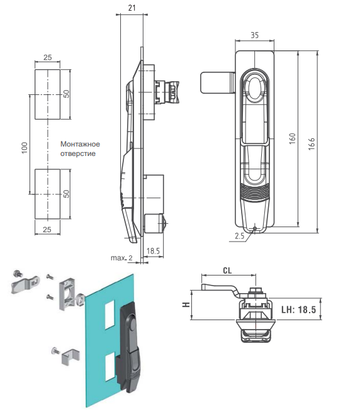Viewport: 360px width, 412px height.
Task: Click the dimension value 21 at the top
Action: tap(132, 8)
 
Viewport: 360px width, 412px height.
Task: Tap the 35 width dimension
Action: tap(254, 35)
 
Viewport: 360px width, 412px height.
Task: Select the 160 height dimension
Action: tap(293, 138)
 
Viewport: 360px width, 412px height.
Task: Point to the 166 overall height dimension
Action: tap(312, 143)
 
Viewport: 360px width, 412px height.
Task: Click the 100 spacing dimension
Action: tap(25, 148)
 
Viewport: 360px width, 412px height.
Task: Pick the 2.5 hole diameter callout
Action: tap(240, 236)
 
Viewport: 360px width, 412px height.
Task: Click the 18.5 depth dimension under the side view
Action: tap(153, 251)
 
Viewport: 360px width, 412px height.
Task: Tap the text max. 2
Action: tap(121, 258)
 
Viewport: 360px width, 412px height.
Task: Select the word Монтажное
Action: tap(80, 144)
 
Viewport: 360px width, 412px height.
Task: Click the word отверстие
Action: tap(78, 153)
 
